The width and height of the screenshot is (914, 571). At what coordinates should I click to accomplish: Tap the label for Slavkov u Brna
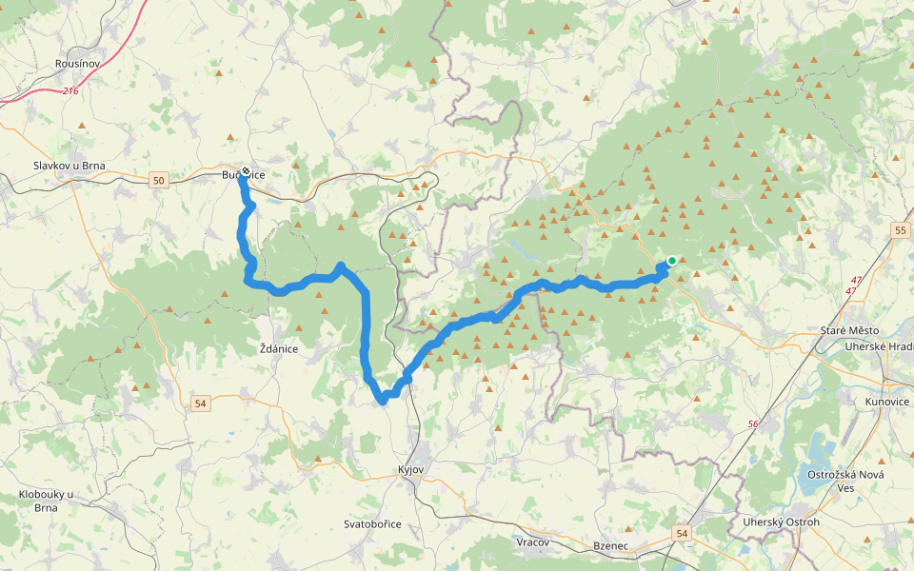(x=69, y=166)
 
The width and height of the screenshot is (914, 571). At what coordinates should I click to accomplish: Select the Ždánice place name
(x=279, y=349)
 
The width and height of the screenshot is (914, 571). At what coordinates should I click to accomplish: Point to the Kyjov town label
(x=410, y=470)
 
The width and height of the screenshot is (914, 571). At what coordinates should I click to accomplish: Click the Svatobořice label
(x=372, y=524)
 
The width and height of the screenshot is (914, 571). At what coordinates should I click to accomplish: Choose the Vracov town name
(x=534, y=541)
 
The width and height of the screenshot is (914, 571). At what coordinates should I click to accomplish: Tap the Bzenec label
(x=610, y=546)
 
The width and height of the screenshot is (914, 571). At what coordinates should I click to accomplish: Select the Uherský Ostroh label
(x=781, y=522)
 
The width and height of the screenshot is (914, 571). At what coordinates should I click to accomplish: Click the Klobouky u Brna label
(x=46, y=501)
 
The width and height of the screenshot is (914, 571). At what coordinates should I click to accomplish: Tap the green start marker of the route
(x=671, y=261)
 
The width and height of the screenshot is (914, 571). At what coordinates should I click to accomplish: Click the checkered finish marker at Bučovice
(x=246, y=172)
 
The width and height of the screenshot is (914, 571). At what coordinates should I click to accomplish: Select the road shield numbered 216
(x=70, y=91)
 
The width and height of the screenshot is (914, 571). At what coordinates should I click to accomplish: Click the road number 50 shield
(x=158, y=180)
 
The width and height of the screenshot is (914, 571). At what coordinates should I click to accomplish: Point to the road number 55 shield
(x=902, y=230)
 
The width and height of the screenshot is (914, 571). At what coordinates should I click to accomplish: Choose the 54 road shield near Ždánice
(x=199, y=404)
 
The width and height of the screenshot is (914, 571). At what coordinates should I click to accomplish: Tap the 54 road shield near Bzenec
(x=682, y=534)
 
